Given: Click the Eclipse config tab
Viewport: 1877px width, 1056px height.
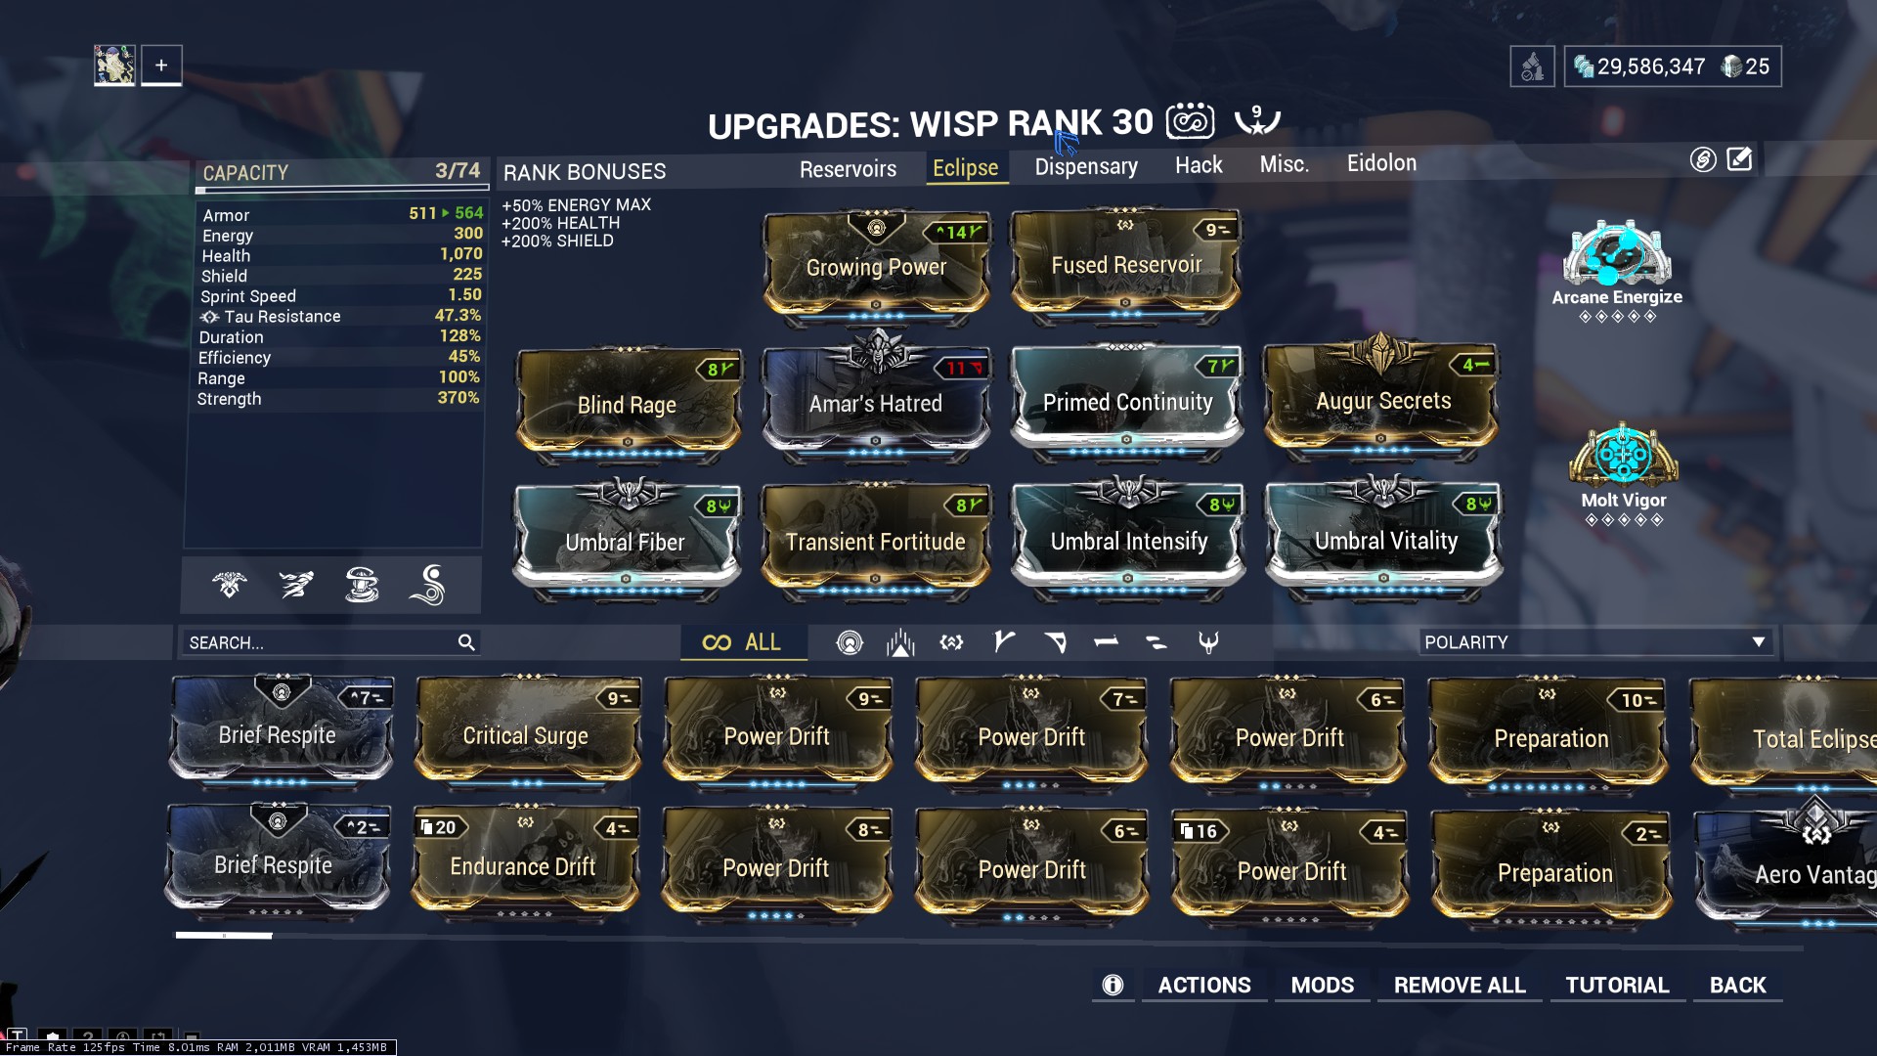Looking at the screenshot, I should click(965, 168).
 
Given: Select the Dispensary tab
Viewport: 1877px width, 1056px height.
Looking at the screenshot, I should click(1086, 167).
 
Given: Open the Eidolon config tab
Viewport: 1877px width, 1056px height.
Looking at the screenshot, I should click(1380, 163).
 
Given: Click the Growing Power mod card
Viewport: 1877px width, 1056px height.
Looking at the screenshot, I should click(876, 267).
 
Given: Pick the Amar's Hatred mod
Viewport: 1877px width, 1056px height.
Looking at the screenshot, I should click(876, 404).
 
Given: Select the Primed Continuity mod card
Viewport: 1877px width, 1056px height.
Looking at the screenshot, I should click(1127, 403).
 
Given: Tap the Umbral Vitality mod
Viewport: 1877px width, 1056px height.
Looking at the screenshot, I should click(1384, 541).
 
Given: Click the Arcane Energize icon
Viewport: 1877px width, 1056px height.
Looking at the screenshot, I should click(1617, 255).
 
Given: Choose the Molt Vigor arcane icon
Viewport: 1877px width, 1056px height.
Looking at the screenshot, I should click(1623, 456).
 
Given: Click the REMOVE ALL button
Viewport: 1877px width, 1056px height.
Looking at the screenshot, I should click(1460, 986).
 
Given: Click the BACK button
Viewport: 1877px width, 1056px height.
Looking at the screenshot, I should click(1737, 986).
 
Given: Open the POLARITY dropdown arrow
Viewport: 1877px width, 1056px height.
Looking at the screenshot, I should click(1758, 642).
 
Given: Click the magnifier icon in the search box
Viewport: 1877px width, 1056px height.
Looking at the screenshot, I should click(466, 642).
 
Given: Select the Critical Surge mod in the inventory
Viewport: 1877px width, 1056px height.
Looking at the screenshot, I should click(526, 735).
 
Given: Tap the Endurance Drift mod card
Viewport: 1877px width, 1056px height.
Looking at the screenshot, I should click(523, 866).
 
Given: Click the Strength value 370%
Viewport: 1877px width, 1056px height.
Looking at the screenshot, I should click(458, 398).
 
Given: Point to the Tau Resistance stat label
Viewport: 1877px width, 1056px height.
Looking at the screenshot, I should click(282, 317).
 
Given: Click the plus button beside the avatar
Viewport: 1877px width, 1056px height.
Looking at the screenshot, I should click(161, 66).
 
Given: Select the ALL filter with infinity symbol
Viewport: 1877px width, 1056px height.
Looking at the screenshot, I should click(742, 642).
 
